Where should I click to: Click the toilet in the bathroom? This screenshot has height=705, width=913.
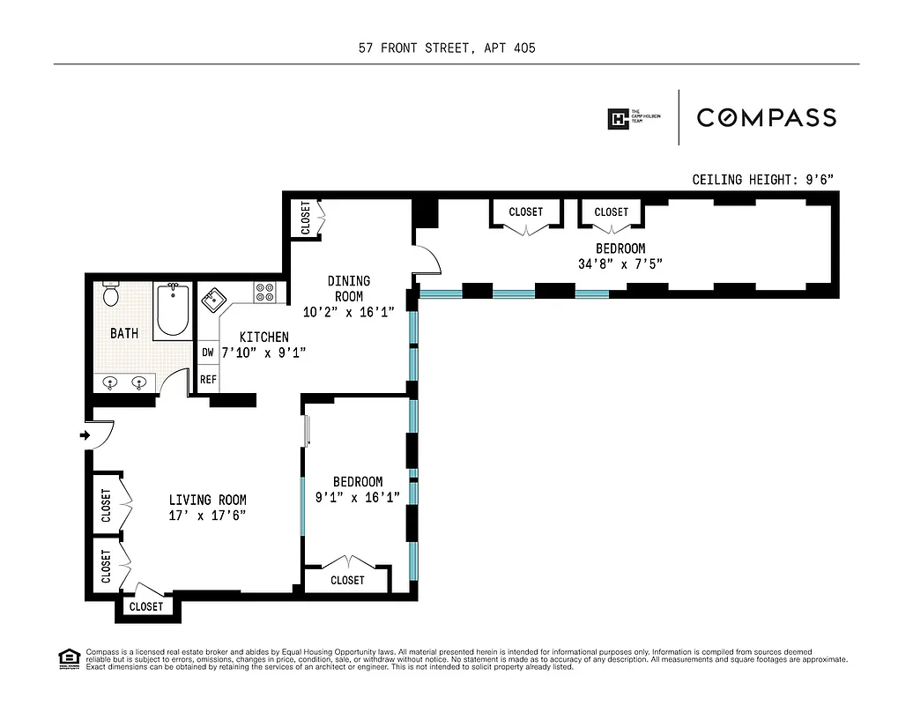(x=111, y=294)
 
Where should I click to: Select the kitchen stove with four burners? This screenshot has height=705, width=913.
(x=264, y=293)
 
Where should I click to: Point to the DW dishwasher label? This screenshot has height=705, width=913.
(x=208, y=352)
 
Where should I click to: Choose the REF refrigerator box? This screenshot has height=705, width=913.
(x=208, y=379)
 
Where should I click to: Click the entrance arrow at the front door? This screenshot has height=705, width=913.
(x=84, y=435)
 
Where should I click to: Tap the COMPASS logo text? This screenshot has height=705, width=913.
(x=767, y=117)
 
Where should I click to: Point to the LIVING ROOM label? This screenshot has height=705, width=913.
(x=207, y=500)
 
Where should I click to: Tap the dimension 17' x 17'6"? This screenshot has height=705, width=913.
(x=207, y=515)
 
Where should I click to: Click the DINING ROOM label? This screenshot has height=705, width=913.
(x=349, y=288)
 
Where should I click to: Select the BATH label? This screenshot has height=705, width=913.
(x=124, y=333)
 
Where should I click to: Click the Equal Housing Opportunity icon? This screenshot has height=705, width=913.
(x=67, y=657)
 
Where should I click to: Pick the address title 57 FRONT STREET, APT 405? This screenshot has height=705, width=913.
(x=447, y=48)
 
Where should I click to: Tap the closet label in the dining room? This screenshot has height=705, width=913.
(x=306, y=218)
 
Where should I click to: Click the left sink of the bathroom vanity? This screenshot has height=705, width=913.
(x=111, y=382)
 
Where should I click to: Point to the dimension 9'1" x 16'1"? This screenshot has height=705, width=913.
(x=358, y=497)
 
